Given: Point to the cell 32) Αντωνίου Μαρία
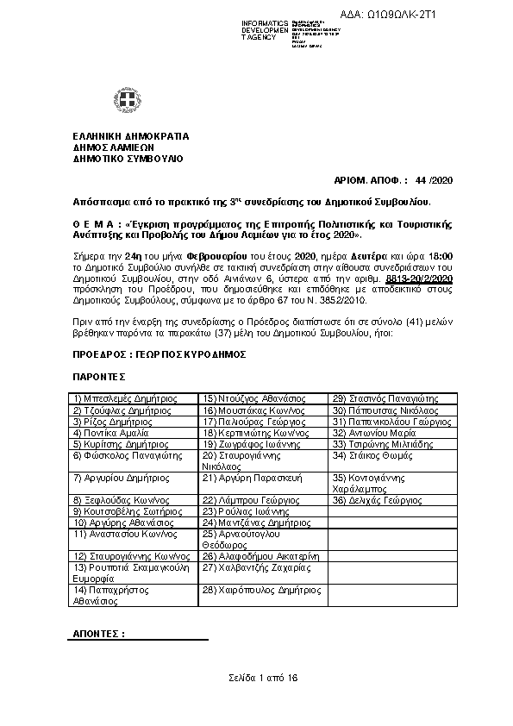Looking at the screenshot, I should coord(374,433).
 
